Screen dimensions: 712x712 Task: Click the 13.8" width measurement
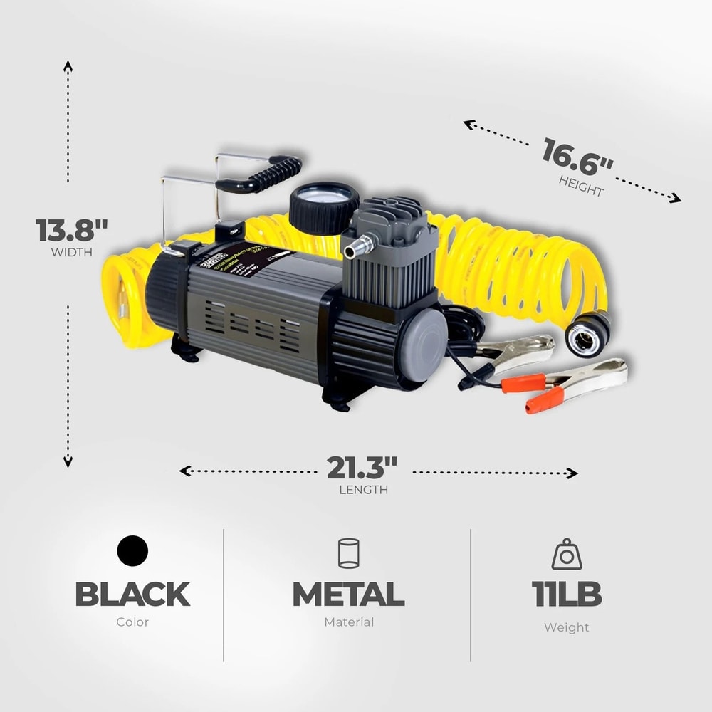[72, 230]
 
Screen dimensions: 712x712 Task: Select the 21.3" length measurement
[362, 468]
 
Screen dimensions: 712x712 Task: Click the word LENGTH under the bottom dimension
[364, 490]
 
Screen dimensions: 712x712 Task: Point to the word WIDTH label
[71, 251]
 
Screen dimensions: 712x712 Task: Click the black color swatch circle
[132, 551]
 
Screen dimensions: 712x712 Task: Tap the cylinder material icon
[348, 553]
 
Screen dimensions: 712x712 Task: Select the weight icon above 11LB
[567, 554]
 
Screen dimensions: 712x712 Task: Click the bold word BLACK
[132, 594]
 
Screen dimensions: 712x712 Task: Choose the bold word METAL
[348, 594]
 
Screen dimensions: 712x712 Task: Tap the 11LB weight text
[567, 594]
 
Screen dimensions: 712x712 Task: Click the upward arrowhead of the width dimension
[68, 66]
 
